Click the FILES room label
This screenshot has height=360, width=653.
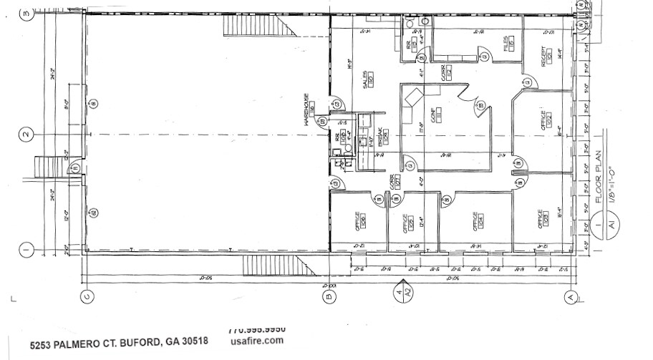pos(506,44)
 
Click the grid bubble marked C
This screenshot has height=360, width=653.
pos(87,296)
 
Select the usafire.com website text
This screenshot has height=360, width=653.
pos(258,341)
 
